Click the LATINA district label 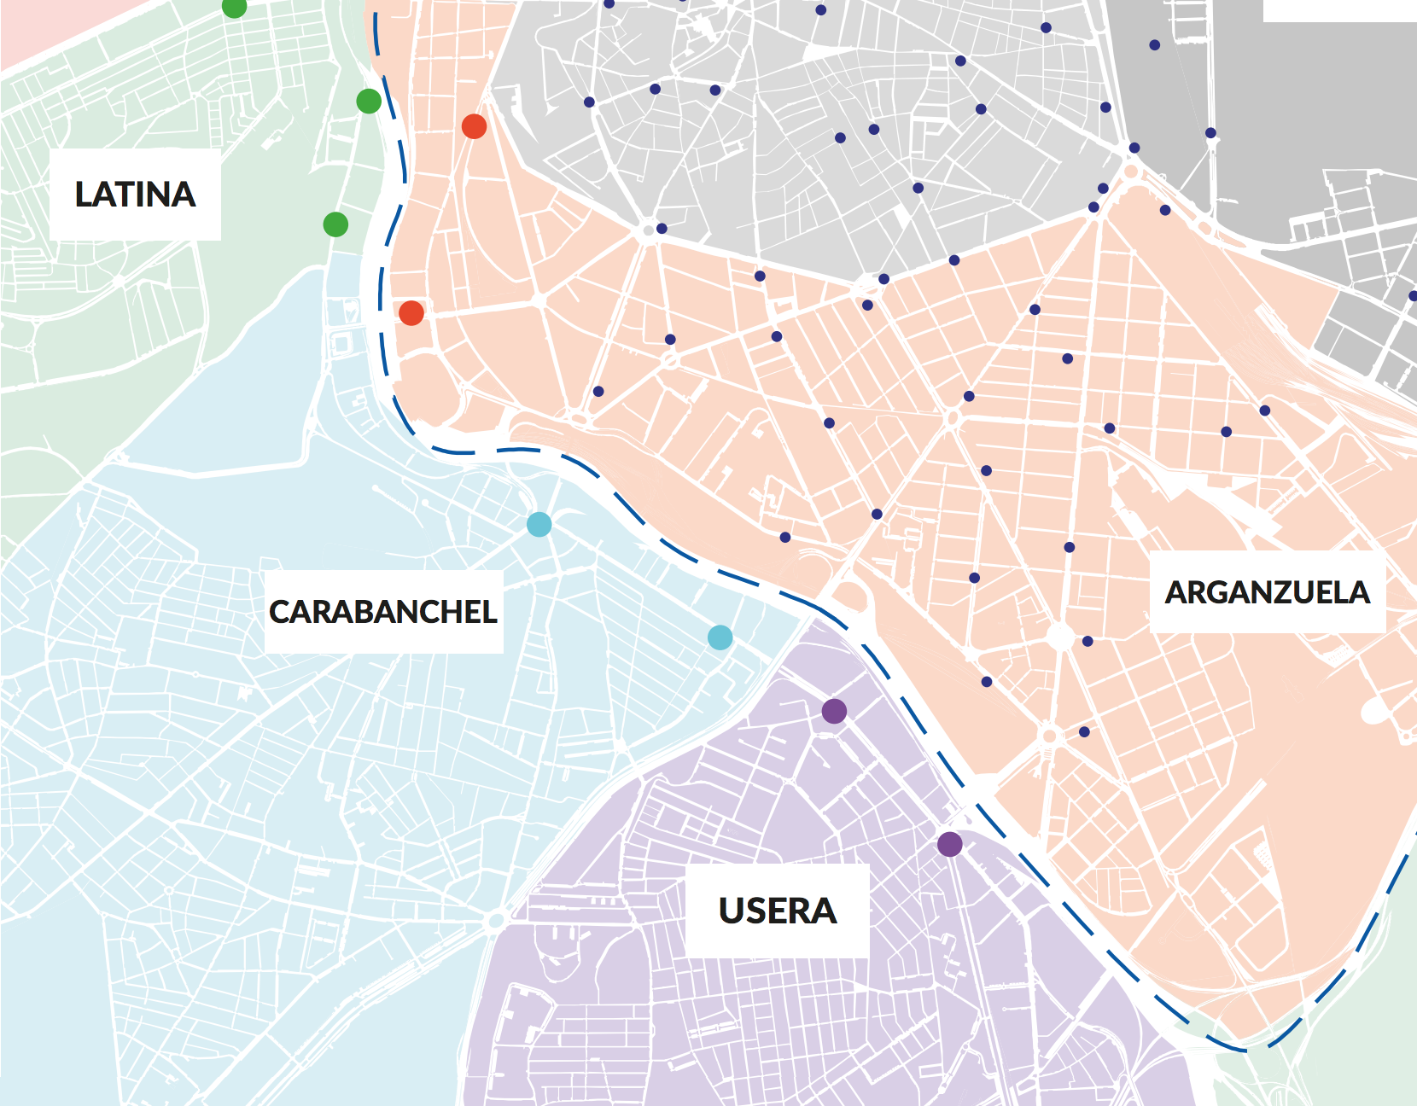(135, 195)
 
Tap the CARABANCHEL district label (383, 612)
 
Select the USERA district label (778, 911)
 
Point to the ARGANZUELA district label (1267, 592)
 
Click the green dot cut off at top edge (234, 6)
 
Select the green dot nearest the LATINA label (335, 224)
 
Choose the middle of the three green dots (369, 101)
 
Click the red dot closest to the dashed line (411, 313)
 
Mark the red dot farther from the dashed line (474, 126)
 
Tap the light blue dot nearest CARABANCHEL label (539, 524)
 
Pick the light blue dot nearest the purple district (720, 637)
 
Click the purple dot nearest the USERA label (949, 845)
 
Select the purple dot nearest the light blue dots (834, 710)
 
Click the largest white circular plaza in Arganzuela (1061, 637)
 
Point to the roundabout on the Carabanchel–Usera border (494, 921)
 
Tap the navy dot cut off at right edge (1413, 296)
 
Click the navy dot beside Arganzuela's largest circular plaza (1088, 641)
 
